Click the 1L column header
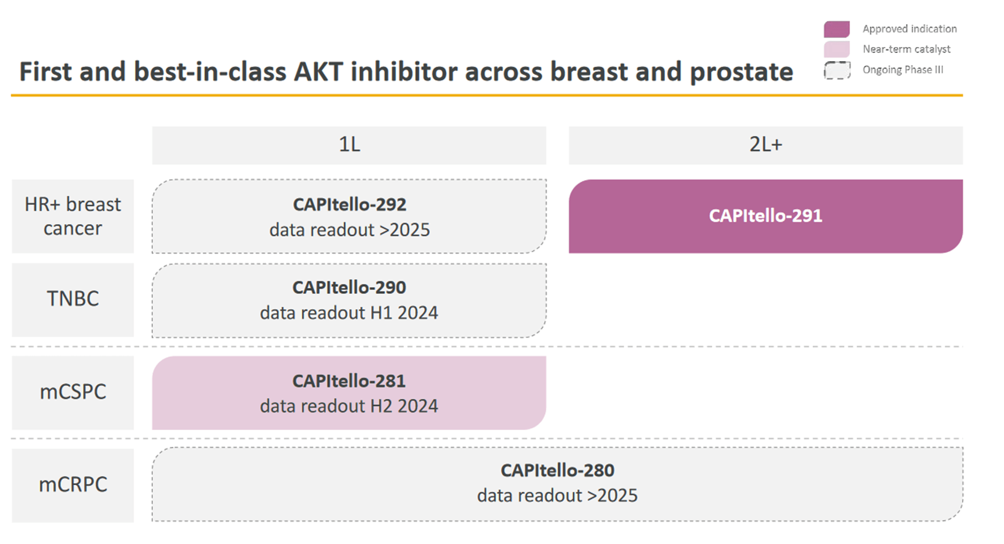349,145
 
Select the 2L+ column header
765,145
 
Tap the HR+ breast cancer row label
73,216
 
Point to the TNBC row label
73,299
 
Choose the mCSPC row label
73,392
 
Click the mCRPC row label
73,485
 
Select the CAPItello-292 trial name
349,204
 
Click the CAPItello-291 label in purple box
765,216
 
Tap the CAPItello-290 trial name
349,287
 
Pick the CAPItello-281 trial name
349,381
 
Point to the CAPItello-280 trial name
557,470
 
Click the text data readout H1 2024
349,313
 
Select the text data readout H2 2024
349,406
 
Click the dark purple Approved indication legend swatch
836,29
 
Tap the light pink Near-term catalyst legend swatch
836,49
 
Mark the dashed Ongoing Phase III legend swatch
836,70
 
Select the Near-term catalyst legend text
906,49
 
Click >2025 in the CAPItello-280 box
612,495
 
